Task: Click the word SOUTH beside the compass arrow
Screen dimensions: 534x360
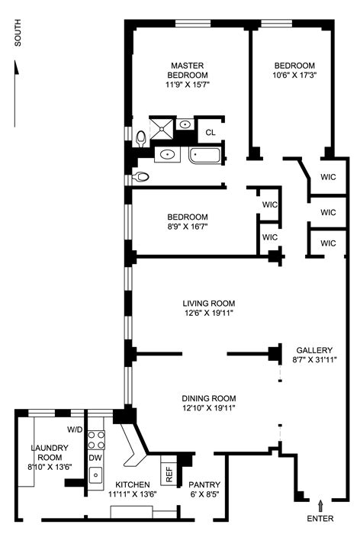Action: coord(17,37)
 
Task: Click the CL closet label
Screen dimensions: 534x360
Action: coord(211,132)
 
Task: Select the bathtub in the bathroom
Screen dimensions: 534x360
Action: coord(205,156)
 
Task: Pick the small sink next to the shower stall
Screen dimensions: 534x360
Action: coord(186,125)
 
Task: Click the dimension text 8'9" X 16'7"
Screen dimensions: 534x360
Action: coord(188,227)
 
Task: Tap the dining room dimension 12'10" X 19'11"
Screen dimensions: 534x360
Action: coord(208,408)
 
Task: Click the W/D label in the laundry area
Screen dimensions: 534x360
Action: coord(75,429)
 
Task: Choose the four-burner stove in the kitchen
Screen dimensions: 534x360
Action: coord(95,440)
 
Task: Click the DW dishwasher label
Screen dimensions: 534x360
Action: coord(95,458)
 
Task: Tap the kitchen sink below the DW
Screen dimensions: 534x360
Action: coord(95,474)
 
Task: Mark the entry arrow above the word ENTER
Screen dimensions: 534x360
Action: coord(320,504)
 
